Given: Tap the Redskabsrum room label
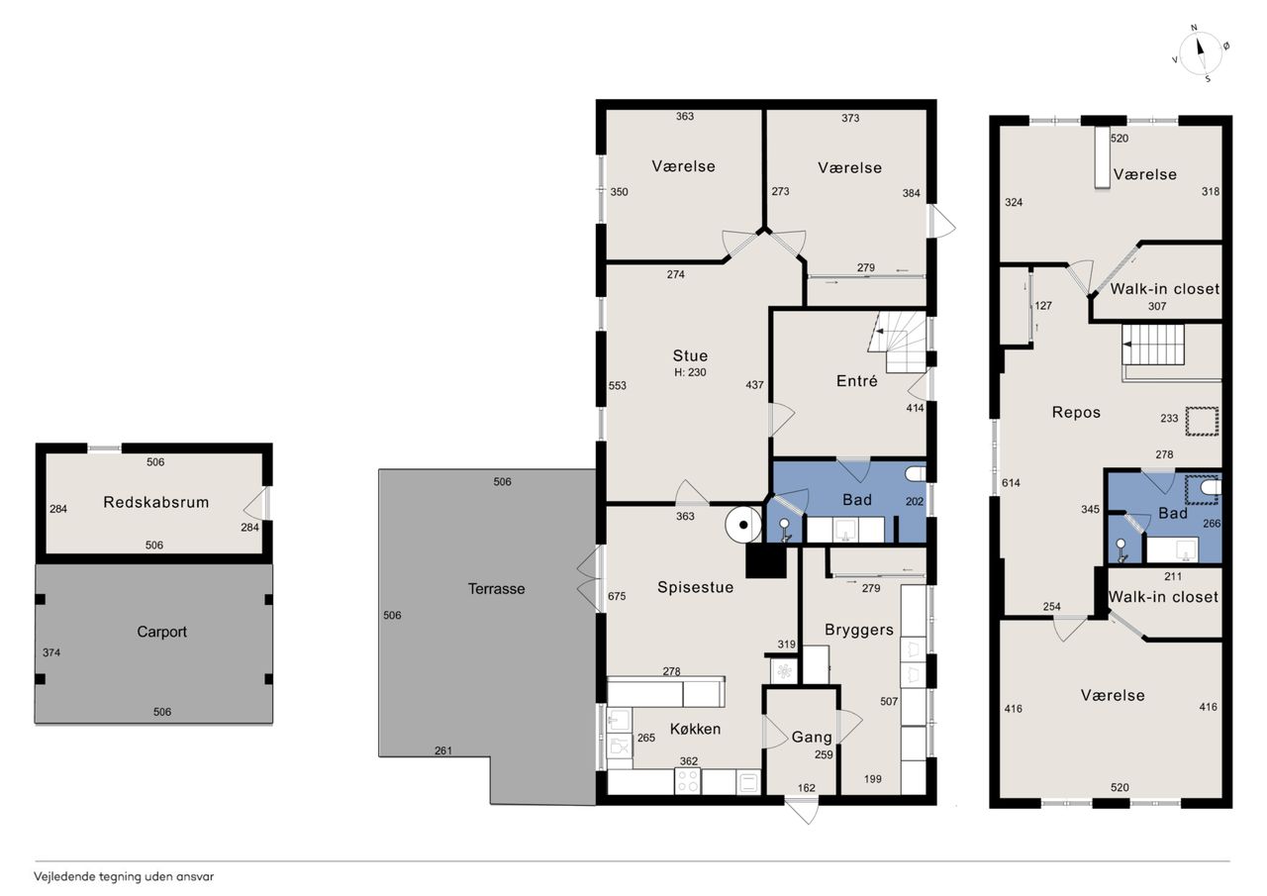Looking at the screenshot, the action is pos(156,502).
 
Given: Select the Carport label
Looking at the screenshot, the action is pos(161,632).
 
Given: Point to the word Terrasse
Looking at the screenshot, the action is pos(497,589).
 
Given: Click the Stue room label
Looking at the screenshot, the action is pos(690,355).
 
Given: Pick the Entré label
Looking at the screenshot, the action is pos(857,381).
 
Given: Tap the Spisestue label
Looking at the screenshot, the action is pos(695,587).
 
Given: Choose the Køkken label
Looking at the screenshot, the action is pos(695,729).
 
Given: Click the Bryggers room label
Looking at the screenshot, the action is pos(858,630).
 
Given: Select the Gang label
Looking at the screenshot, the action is pos(812,737).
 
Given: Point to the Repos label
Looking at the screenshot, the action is pos(1076,413).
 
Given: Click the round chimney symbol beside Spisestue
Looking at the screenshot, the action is pos(743,525).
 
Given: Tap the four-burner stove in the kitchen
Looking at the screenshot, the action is pos(688,781).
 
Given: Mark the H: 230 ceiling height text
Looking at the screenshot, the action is pos(690,372).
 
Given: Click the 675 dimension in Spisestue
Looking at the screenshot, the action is pos(617,596).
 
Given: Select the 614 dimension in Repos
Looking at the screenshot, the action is pos(1011,483).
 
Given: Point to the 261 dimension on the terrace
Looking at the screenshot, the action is pos(443,750).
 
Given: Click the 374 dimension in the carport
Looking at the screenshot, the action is pos(51,652).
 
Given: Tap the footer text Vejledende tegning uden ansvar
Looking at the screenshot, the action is pos(124,877).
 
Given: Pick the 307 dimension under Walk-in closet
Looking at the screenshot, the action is pos(1157,306).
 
